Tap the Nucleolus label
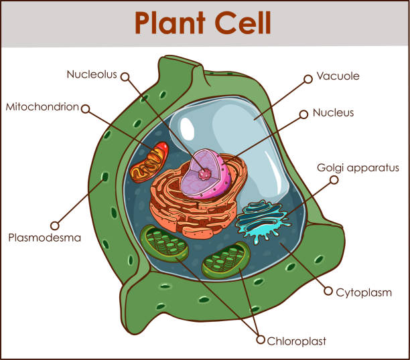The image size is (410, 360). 90,74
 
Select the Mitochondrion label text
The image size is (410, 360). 42,106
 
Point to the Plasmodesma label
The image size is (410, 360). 44,237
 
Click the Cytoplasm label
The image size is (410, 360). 364,292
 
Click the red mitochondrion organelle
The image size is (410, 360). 149,162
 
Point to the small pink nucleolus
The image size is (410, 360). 204,174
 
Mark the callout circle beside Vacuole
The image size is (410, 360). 308,78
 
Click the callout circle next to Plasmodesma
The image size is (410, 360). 55,226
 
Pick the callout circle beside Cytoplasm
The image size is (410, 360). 328,291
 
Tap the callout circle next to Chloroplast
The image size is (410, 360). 261,340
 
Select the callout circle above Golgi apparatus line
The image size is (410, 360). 334,179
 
